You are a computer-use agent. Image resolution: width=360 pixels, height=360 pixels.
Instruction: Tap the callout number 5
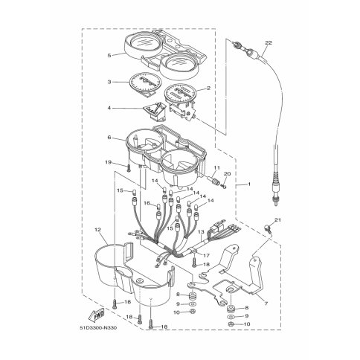point(109,56)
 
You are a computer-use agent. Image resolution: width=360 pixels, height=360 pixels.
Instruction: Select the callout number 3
point(109,82)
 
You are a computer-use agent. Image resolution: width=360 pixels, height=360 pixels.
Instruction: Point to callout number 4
point(109,108)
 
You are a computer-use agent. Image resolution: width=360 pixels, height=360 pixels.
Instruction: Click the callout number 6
point(109,137)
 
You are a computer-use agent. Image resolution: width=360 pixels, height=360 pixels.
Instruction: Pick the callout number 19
point(109,163)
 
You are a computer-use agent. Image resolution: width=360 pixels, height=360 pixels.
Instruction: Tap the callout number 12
point(98,230)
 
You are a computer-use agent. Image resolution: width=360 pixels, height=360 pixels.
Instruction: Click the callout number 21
point(278,219)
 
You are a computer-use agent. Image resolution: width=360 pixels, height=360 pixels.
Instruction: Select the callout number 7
point(266,303)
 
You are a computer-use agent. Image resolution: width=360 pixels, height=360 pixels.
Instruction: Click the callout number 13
point(201,232)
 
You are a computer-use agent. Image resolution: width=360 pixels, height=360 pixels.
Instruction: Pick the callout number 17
point(206,255)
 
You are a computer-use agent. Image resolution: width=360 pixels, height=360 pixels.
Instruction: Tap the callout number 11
point(217,168)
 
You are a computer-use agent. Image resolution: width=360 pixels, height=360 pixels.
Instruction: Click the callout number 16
point(147,203)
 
